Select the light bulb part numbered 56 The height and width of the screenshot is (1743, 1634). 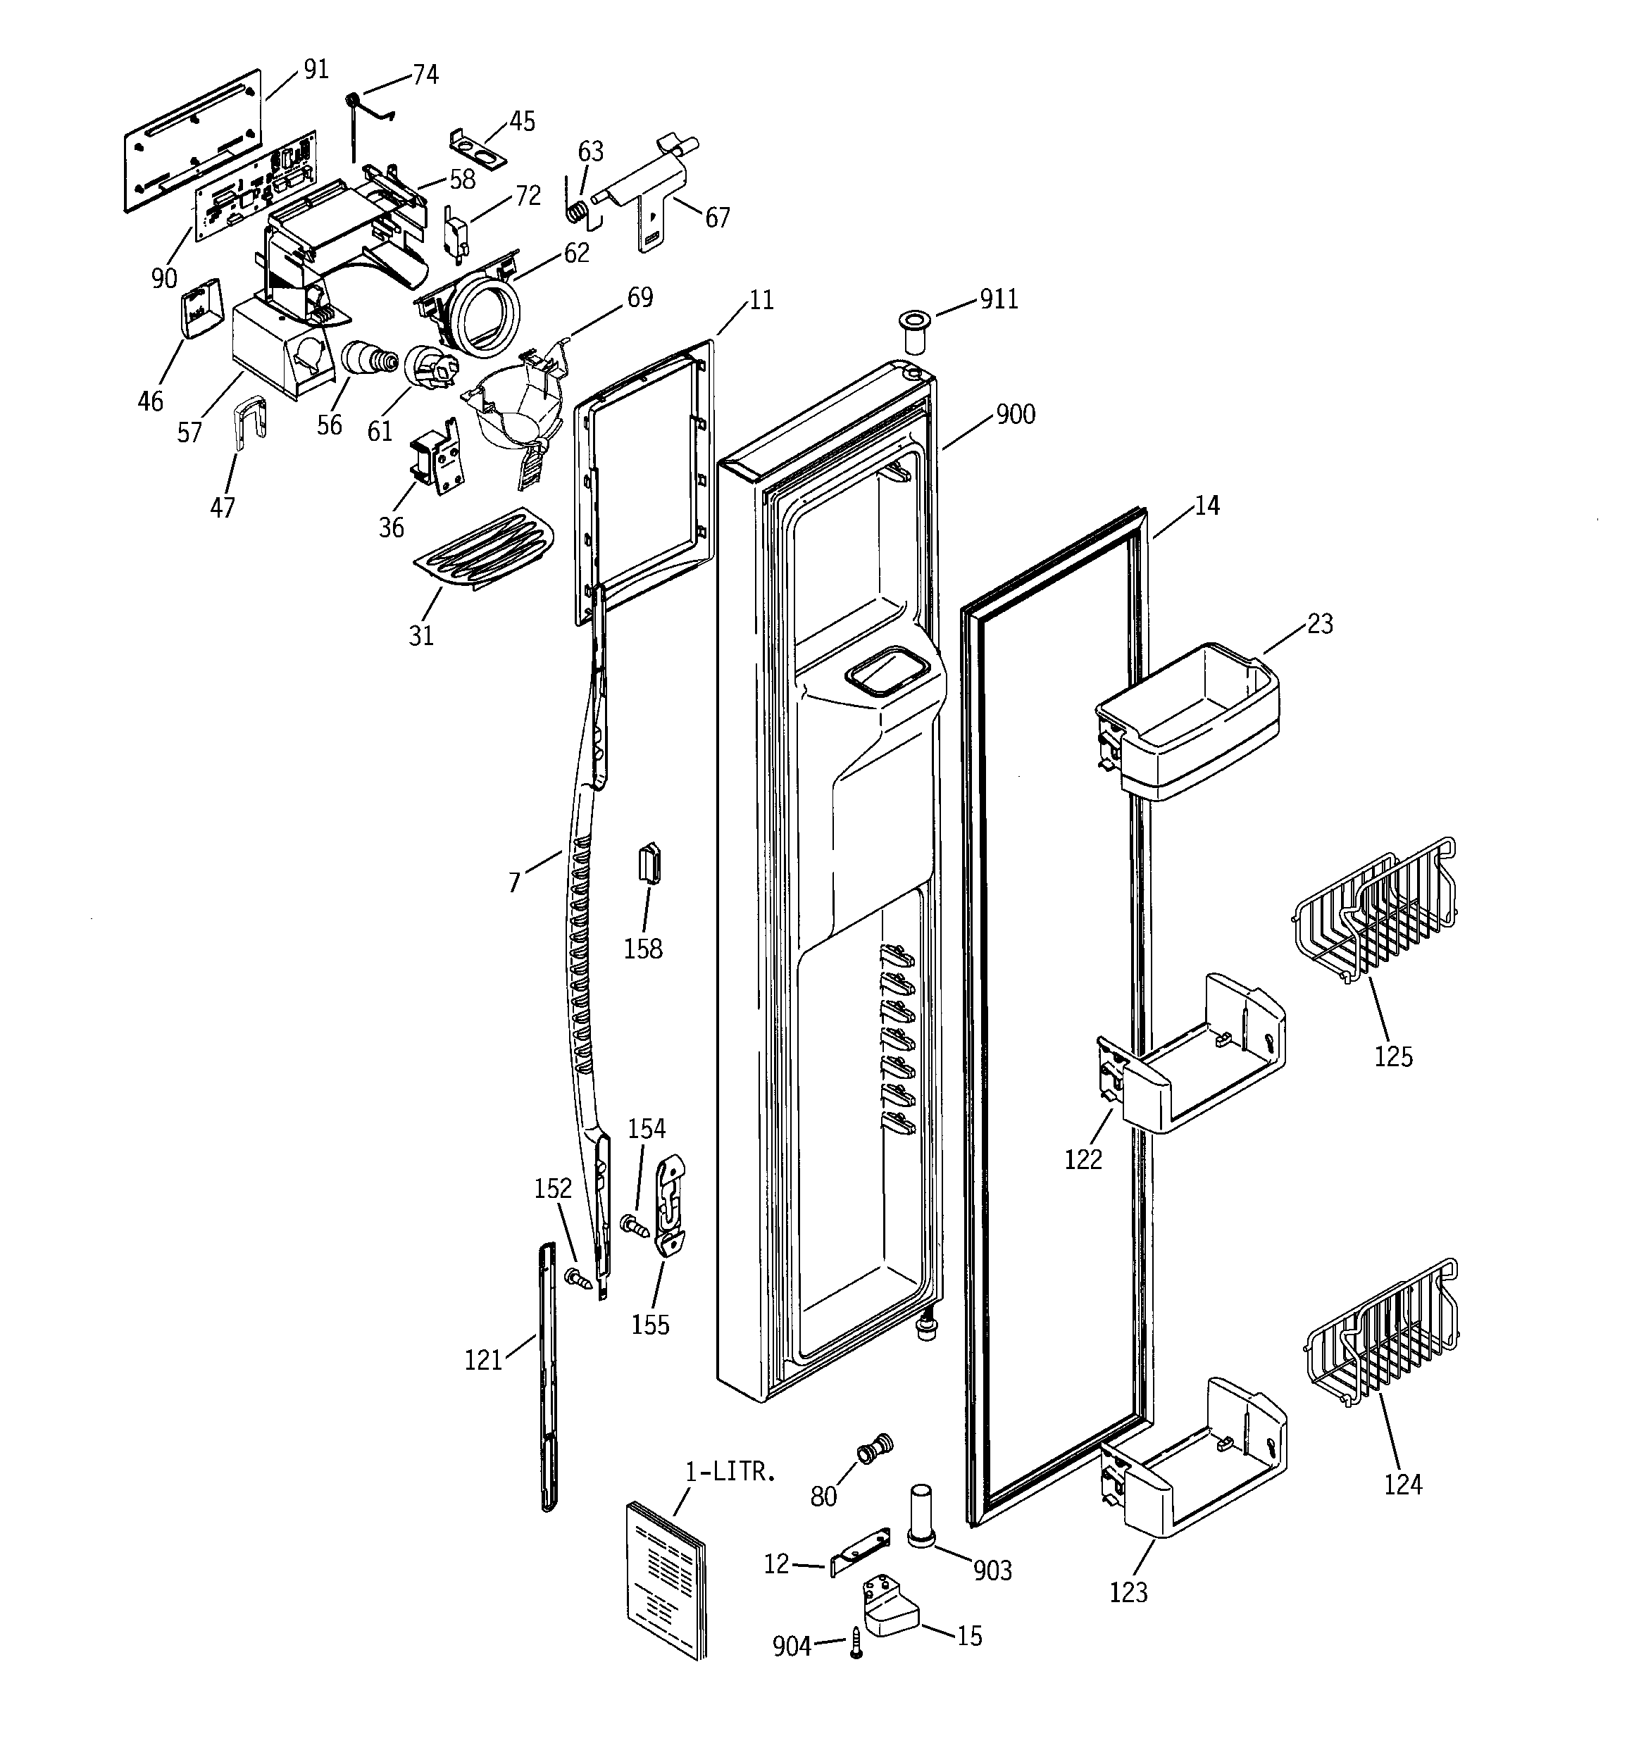click(x=367, y=358)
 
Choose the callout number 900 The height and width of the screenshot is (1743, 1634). click(x=1016, y=414)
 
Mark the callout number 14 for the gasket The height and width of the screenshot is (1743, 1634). click(x=1207, y=506)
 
